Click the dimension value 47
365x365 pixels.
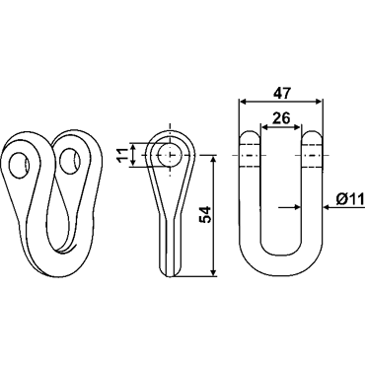coord(282,94)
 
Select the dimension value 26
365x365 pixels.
coord(282,117)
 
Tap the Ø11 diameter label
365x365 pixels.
coord(350,199)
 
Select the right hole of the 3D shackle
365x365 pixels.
coord(70,161)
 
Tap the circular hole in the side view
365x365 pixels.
coord(170,155)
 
